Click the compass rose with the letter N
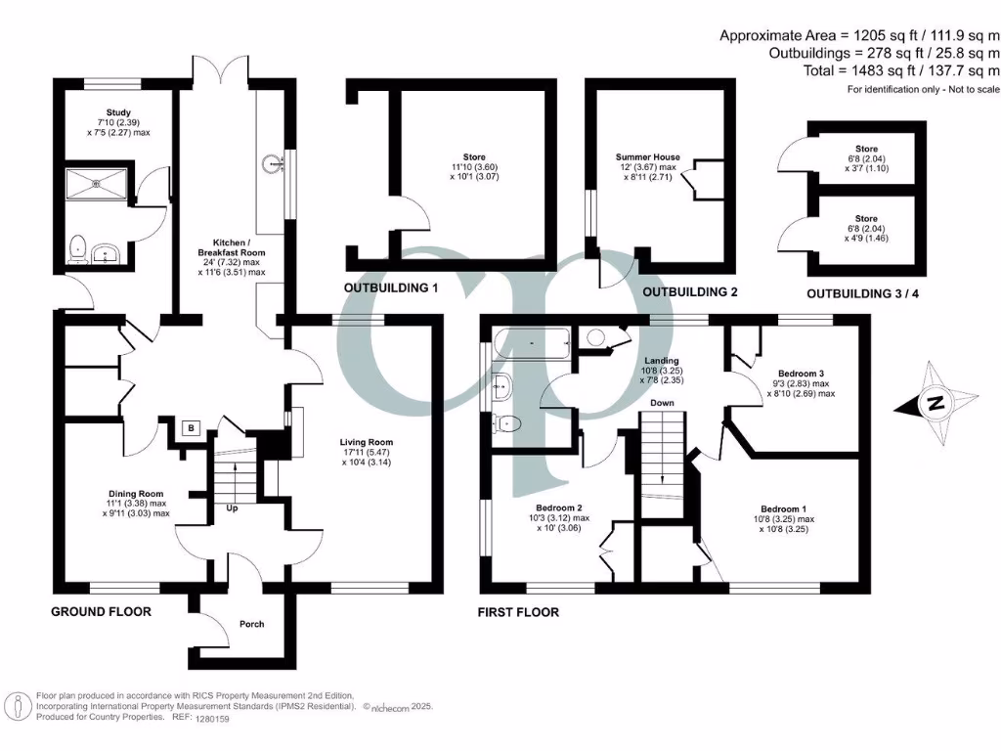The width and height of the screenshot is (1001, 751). click(936, 402)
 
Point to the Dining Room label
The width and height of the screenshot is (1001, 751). click(136, 494)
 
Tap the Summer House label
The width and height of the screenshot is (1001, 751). click(647, 156)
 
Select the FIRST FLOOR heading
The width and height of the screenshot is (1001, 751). click(518, 612)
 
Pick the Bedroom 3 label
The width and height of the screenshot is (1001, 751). click(802, 374)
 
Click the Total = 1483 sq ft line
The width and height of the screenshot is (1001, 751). click(859, 70)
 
